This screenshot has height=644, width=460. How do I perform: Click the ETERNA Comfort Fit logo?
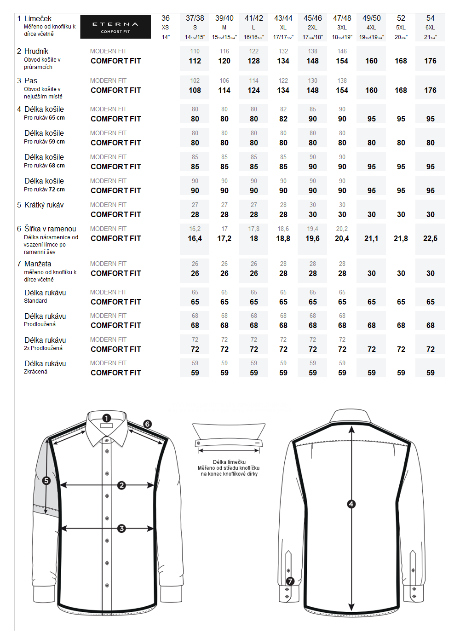[115, 27]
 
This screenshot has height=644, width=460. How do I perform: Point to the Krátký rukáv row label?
[44, 205]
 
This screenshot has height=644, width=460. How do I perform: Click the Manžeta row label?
[38, 264]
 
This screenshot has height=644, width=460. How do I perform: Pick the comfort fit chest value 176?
[430, 61]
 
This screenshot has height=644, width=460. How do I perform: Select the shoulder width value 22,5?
[430, 238]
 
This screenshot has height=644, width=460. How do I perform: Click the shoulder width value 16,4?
[195, 238]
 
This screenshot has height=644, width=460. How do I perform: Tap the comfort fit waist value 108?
[195, 90]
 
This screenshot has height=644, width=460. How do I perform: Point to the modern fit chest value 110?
[195, 51]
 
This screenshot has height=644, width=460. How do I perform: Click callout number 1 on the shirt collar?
[107, 418]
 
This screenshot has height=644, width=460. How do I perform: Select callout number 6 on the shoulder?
[147, 424]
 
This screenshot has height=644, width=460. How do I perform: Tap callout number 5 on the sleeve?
[46, 481]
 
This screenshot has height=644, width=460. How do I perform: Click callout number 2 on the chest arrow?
[121, 485]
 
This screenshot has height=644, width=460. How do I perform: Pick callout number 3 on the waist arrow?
[121, 529]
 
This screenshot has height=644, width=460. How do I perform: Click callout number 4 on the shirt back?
[351, 504]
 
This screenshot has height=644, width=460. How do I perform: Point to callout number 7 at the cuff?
[290, 581]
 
